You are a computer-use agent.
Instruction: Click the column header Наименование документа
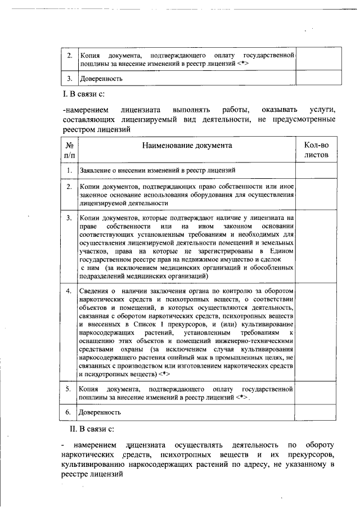(186, 145)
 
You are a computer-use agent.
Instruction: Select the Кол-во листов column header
(316, 150)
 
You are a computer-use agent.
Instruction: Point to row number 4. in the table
(68, 291)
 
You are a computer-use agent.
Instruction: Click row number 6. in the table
(68, 412)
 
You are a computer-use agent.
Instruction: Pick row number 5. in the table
(68, 389)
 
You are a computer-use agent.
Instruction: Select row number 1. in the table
(68, 170)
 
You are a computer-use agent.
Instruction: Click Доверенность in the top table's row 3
(100, 79)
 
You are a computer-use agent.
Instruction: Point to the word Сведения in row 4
(93, 291)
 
